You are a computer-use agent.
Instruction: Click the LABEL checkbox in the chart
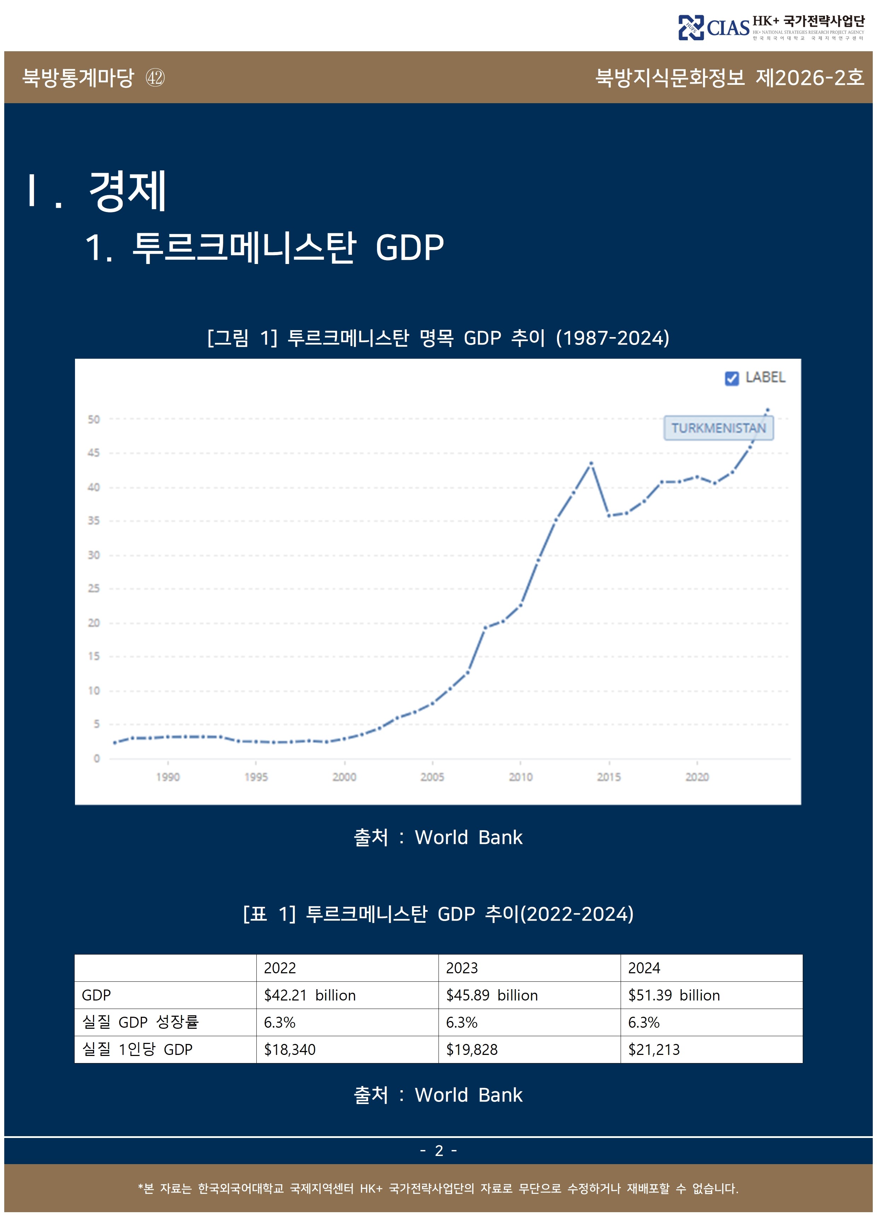pyautogui.click(x=731, y=378)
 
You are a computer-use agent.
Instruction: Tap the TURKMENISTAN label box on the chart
pyautogui.click(x=718, y=428)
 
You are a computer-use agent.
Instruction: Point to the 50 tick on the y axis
pyautogui.click(x=94, y=419)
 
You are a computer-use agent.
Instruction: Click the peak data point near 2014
pyautogui.click(x=591, y=463)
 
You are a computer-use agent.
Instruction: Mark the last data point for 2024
pyautogui.click(x=767, y=410)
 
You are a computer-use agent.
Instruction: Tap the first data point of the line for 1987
pyautogui.click(x=115, y=742)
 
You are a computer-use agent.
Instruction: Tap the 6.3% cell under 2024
pyautogui.click(x=644, y=1023)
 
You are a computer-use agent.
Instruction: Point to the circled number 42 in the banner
pyautogui.click(x=155, y=78)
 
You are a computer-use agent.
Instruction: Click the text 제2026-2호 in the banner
pyautogui.click(x=809, y=78)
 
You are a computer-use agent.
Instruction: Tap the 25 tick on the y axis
pyautogui.click(x=94, y=589)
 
